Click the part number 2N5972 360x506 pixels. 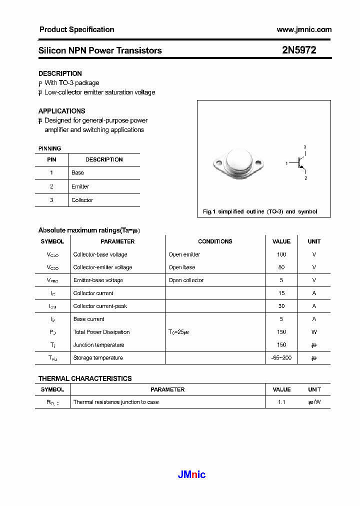pyautogui.click(x=298, y=50)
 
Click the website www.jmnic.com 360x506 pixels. pyautogui.click(x=304, y=29)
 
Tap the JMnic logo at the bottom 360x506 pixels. pyautogui.click(x=191, y=474)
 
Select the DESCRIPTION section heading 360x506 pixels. pyautogui.click(x=60, y=73)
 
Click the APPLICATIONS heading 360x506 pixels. pyautogui.click(x=61, y=111)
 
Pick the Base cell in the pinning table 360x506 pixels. pyautogui.click(x=77, y=172)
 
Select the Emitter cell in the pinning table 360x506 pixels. pyautogui.click(x=80, y=186)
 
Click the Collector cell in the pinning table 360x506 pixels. pyautogui.click(x=82, y=200)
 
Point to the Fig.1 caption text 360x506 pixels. pyautogui.click(x=259, y=211)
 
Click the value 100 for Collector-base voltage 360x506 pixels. pyautogui.click(x=281, y=254)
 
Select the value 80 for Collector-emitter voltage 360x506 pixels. pyautogui.click(x=281, y=267)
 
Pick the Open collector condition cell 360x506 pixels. pyautogui.click(x=186, y=280)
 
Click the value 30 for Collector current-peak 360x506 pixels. pyautogui.click(x=281, y=306)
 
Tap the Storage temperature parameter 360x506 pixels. pyautogui.click(x=98, y=357)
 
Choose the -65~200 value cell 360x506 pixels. pyautogui.click(x=281, y=357)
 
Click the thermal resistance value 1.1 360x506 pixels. pyautogui.click(x=281, y=402)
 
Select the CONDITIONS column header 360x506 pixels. pyautogui.click(x=215, y=241)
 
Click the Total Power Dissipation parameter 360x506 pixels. pyautogui.click(x=101, y=332)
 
